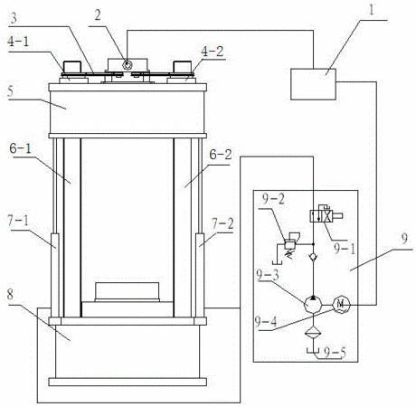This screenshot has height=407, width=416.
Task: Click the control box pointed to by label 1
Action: click(x=313, y=84)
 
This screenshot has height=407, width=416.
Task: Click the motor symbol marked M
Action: click(x=341, y=305)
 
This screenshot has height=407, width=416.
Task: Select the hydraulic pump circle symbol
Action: click(x=313, y=305)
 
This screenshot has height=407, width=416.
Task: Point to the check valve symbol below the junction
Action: click(x=313, y=257)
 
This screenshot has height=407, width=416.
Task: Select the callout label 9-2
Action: click(x=273, y=199)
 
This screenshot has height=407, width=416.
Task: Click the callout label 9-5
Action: click(x=335, y=353)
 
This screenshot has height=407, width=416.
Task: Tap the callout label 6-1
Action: click(x=21, y=149)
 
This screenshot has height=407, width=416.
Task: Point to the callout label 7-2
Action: click(x=222, y=224)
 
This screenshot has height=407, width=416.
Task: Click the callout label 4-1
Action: click(x=18, y=42)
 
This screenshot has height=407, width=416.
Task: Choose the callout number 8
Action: click(x=10, y=295)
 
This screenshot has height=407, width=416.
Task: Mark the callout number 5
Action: click(x=11, y=92)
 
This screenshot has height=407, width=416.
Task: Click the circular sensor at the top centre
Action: click(x=128, y=64)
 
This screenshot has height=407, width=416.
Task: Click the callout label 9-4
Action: click(x=266, y=322)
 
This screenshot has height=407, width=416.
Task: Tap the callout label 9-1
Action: click(x=345, y=249)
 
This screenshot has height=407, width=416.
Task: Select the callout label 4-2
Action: click(x=213, y=52)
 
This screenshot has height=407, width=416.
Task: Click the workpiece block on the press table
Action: click(x=127, y=292)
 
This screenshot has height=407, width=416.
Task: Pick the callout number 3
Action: click(x=14, y=19)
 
